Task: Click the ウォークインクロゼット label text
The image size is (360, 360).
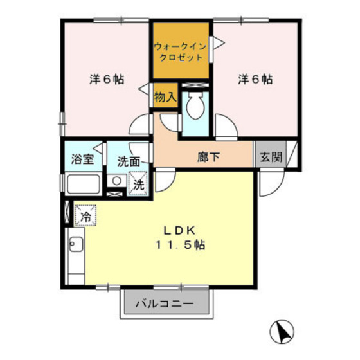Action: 181,51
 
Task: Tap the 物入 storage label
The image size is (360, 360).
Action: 165,97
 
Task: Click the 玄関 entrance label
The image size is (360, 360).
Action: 271,157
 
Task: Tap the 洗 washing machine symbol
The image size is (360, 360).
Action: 139,184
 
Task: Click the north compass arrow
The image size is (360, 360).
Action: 281,331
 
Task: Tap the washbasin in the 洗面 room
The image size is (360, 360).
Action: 116,182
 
